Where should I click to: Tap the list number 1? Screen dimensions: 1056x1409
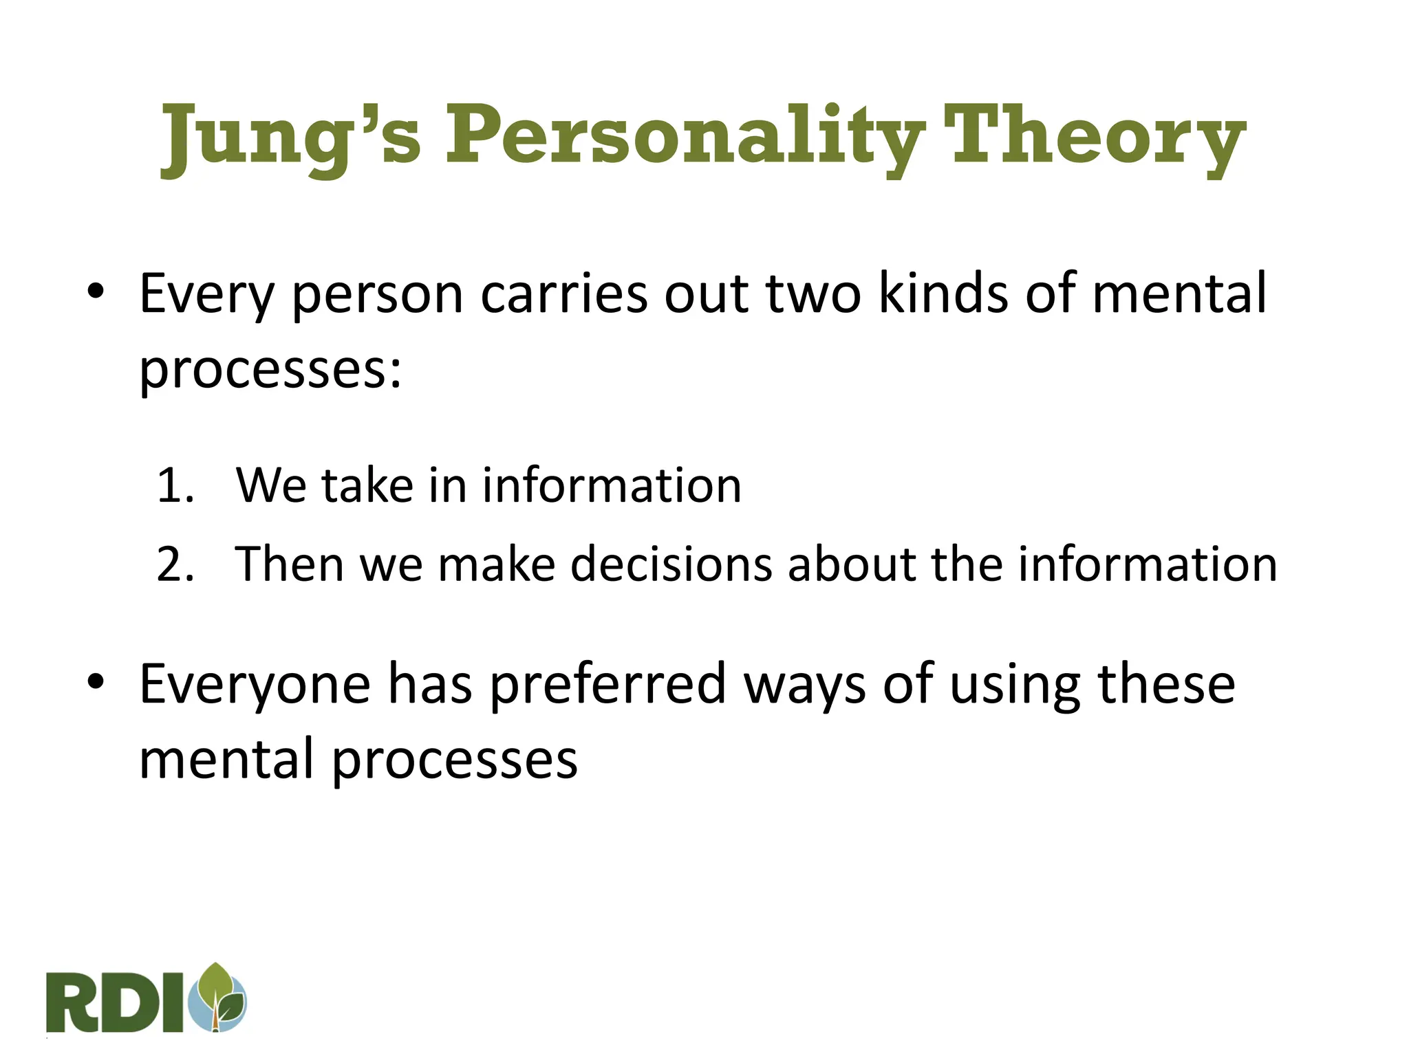174,486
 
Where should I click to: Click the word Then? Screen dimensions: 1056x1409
289,564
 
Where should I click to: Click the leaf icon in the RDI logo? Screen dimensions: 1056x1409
220,997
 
